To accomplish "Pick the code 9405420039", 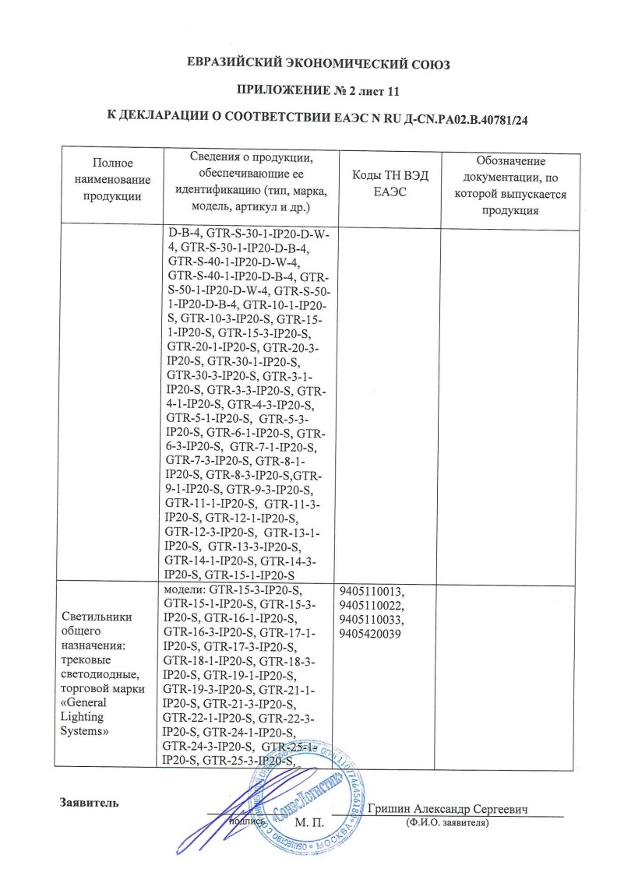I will pos(372,634).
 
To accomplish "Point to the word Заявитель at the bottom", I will pos(90,803).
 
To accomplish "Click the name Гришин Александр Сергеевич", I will pos(450,810).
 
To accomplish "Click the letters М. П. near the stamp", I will pos(308,822).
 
